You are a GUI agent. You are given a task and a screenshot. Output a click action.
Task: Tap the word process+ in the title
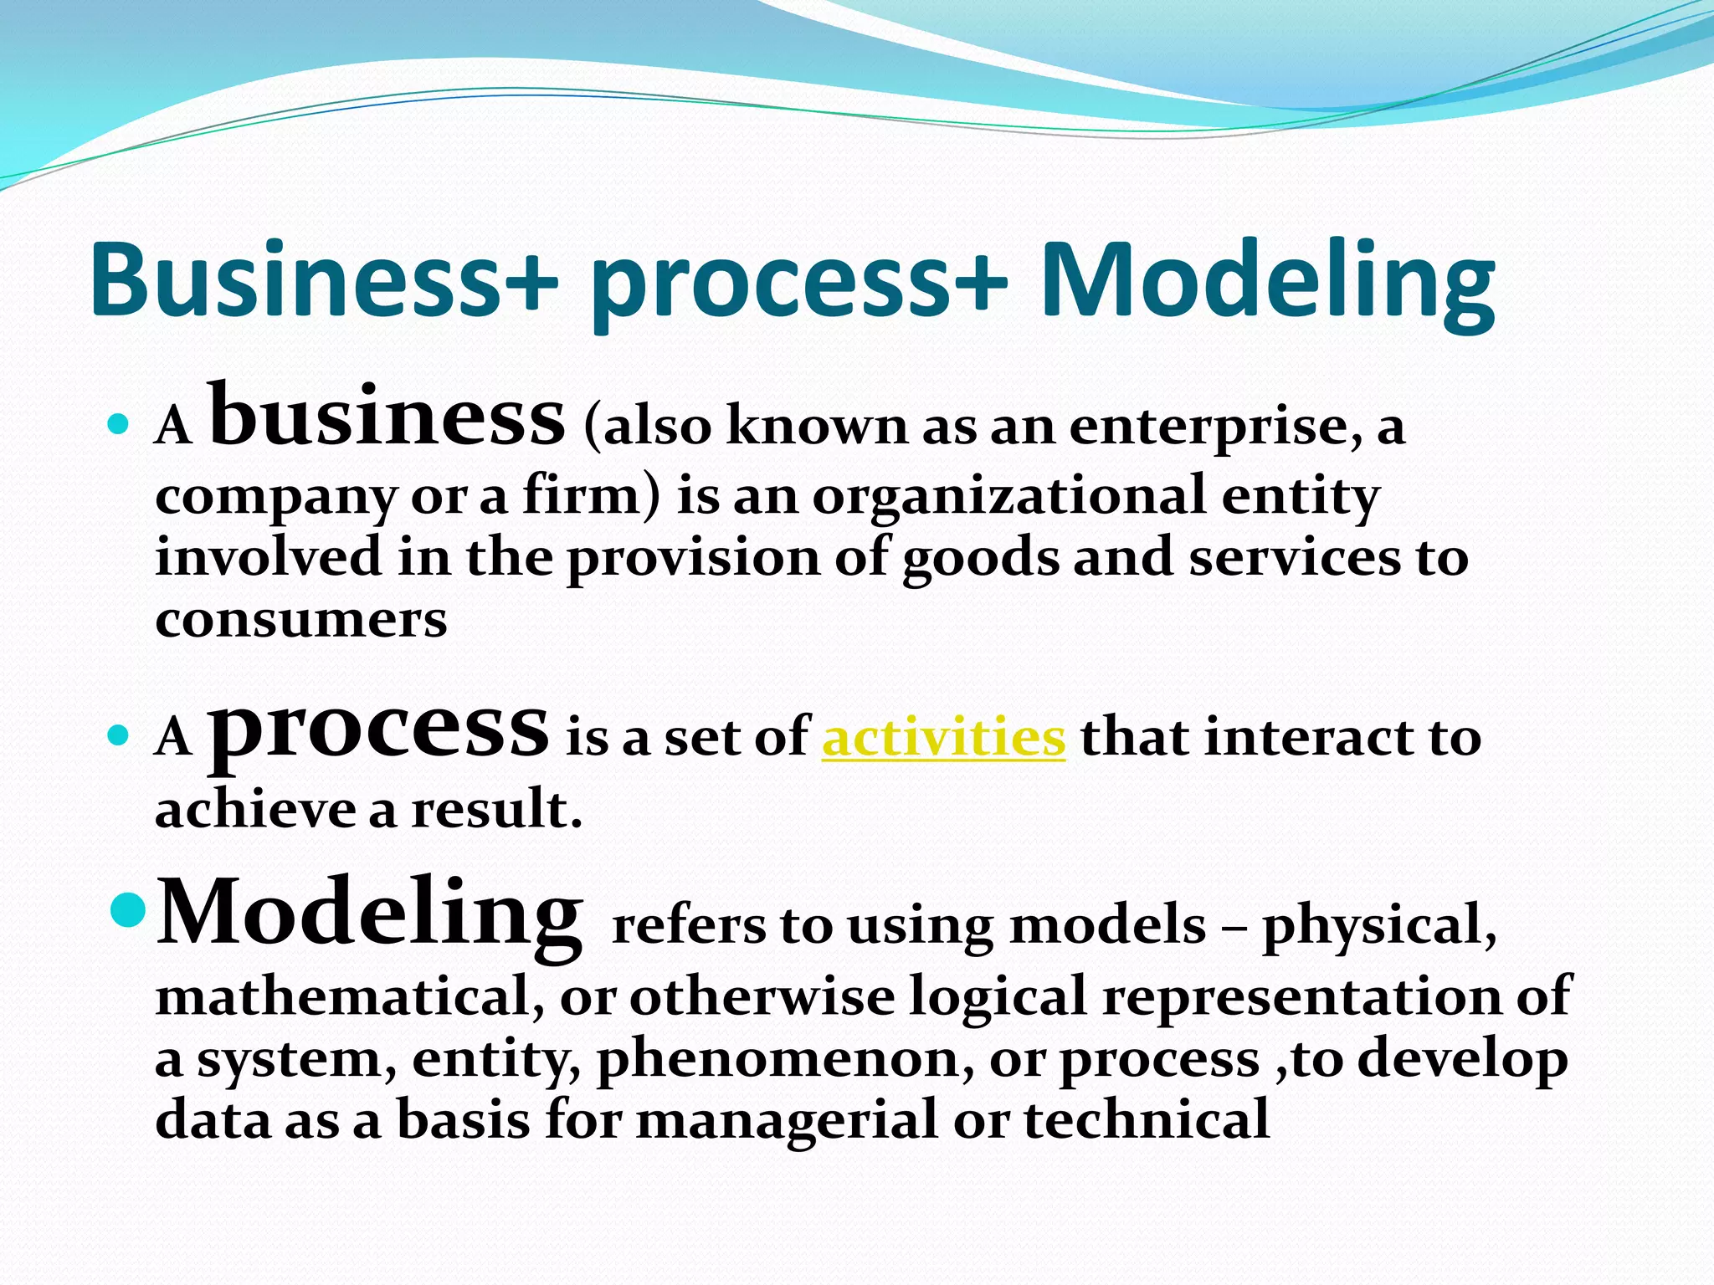click(x=799, y=284)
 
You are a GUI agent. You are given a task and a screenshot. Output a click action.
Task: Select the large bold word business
click(x=387, y=416)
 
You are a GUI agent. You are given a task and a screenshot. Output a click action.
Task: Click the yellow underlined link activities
click(x=943, y=738)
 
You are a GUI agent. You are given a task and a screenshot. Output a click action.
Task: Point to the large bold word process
click(x=378, y=733)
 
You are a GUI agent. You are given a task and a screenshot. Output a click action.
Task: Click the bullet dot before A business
click(x=118, y=425)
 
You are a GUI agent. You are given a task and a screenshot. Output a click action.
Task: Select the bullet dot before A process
click(x=118, y=736)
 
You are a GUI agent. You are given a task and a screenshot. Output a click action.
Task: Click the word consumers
click(x=301, y=620)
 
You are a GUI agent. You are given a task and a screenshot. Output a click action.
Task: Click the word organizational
click(x=1009, y=497)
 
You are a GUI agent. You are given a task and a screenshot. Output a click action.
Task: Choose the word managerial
click(x=787, y=1121)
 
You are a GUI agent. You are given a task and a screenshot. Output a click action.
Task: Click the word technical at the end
click(x=1147, y=1121)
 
